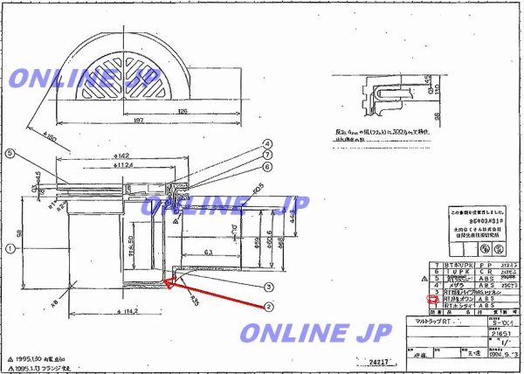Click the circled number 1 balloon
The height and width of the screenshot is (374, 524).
coord(10,248)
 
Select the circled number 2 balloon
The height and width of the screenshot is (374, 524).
coord(271,306)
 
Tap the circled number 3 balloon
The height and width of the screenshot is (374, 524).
coord(271,286)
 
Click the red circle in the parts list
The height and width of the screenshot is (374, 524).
coord(429,299)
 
